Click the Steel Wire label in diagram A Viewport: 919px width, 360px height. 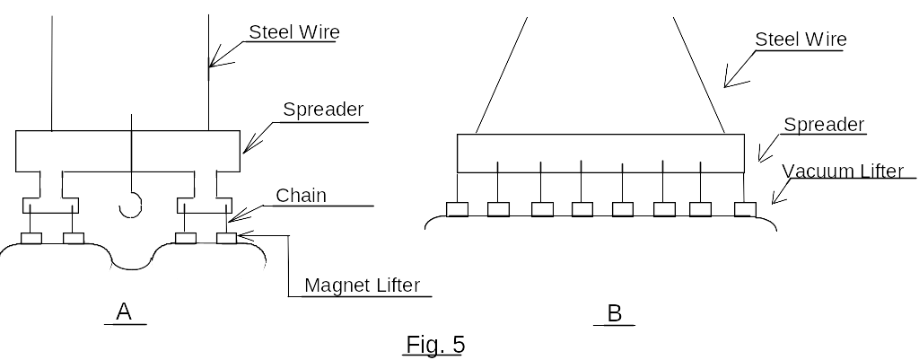click(293, 32)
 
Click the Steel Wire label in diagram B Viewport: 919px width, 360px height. click(801, 39)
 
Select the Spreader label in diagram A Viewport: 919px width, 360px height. click(323, 110)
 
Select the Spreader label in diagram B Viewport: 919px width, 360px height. click(824, 125)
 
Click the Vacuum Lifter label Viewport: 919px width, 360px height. click(843, 171)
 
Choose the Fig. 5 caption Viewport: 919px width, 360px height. click(435, 343)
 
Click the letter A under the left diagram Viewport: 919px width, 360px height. click(125, 312)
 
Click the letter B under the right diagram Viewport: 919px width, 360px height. click(615, 313)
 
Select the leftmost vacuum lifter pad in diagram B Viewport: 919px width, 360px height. click(458, 209)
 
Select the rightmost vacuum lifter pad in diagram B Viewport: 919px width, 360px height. click(746, 209)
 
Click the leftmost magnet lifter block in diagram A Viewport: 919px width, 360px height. click(31, 239)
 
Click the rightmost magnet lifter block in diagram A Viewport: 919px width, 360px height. click(226, 239)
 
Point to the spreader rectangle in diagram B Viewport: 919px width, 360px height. click(600, 153)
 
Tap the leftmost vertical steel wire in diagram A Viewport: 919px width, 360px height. click(52, 72)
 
